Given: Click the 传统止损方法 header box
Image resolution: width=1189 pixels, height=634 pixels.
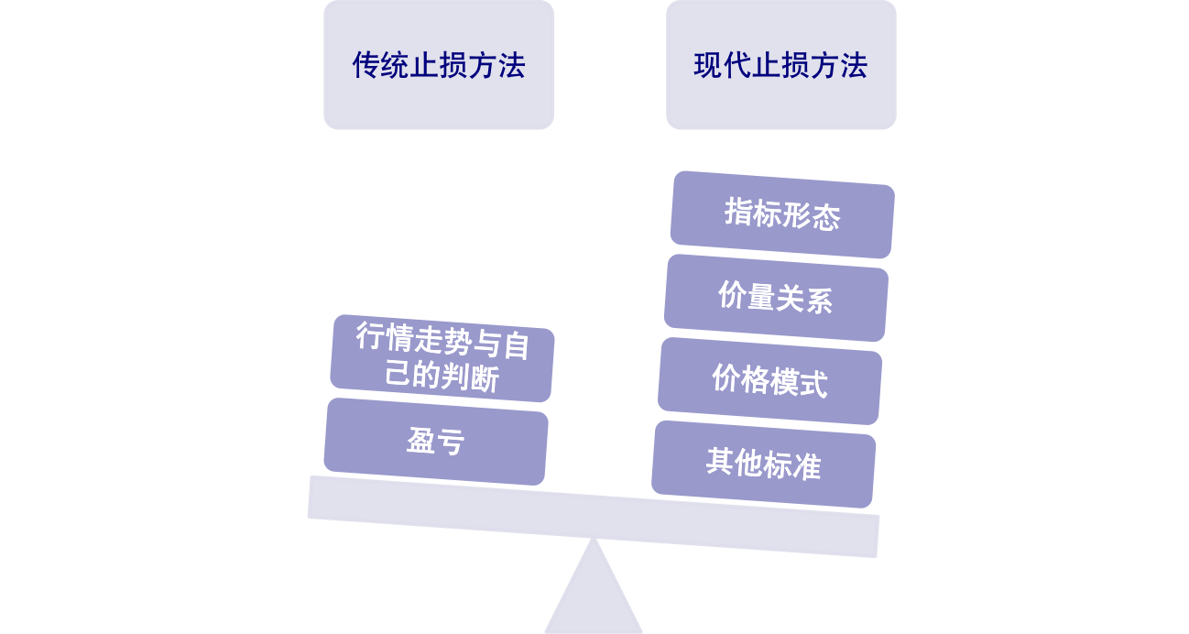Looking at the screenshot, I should click(x=438, y=65).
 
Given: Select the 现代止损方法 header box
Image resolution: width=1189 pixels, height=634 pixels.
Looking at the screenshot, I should click(x=780, y=65).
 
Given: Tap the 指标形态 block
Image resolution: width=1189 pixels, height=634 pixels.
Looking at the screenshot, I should click(x=782, y=214).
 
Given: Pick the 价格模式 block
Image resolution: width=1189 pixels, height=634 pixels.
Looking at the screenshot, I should click(x=770, y=380).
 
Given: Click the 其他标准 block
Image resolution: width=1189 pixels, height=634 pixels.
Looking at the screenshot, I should click(x=764, y=464).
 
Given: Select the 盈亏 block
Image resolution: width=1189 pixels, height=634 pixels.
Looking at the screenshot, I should click(x=436, y=442).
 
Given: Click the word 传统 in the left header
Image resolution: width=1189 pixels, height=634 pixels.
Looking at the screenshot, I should click(x=374, y=65).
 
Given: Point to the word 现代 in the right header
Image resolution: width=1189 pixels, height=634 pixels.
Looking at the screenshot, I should click(x=715, y=65).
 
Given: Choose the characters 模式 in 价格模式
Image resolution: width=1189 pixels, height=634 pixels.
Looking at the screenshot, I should click(x=799, y=382).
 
